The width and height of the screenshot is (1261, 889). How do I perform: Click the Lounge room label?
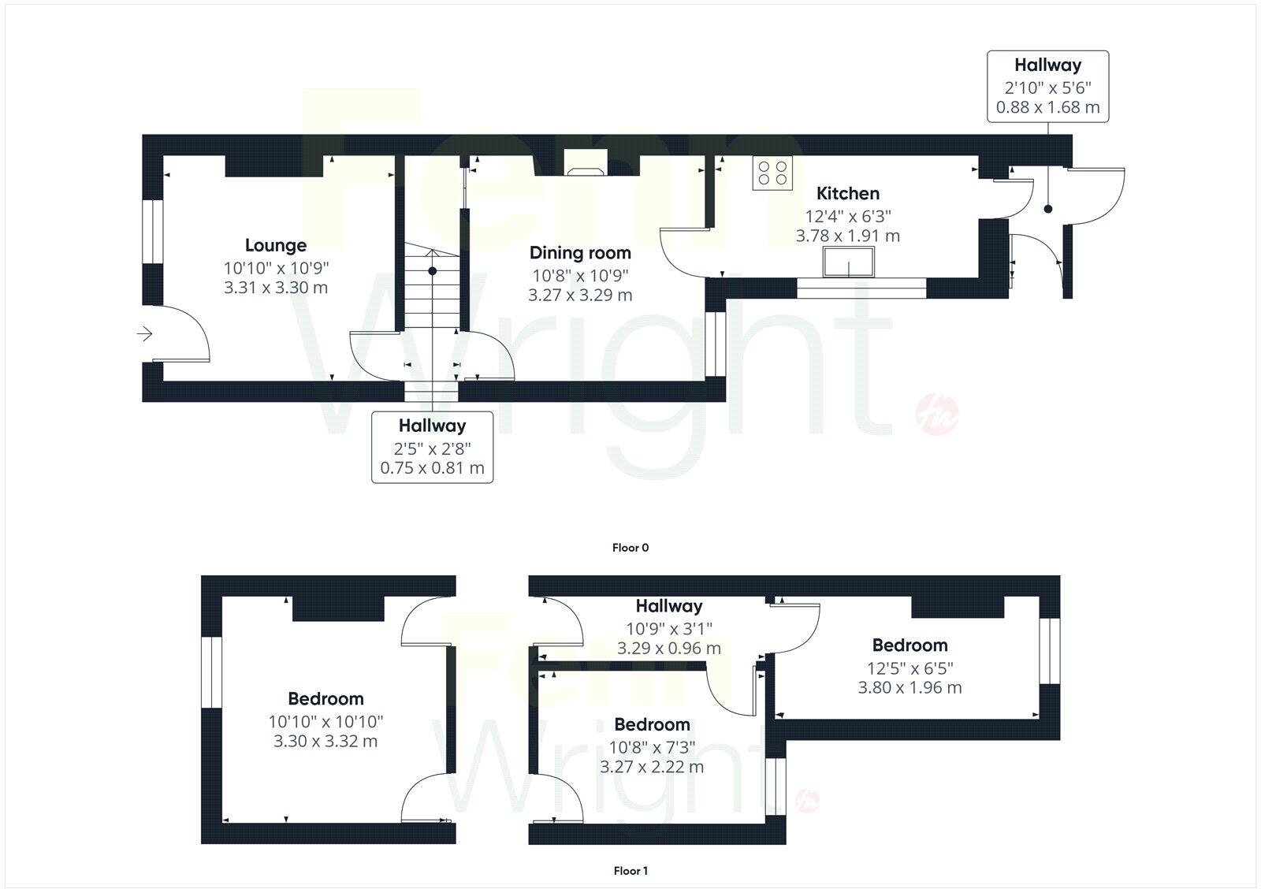[x=275, y=245]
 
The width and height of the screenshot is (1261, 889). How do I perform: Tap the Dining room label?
[x=580, y=253]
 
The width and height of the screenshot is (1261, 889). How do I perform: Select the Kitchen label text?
[x=847, y=193]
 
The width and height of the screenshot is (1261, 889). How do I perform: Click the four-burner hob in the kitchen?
[x=772, y=173]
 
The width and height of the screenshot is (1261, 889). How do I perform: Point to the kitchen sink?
[x=848, y=262]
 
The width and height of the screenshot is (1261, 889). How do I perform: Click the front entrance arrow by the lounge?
[x=144, y=334]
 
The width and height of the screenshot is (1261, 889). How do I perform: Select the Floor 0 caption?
[x=630, y=548]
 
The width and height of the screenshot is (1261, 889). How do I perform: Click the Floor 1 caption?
[x=630, y=871]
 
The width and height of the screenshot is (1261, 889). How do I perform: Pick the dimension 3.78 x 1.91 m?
[x=847, y=236]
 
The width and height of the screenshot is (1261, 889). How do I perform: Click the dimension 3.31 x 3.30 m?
[x=275, y=288]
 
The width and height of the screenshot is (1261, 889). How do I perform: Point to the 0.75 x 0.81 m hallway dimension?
[x=432, y=468]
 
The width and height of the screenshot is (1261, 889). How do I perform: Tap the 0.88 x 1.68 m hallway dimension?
[x=1047, y=107]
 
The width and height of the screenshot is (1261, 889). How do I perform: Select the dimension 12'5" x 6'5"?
[x=909, y=668]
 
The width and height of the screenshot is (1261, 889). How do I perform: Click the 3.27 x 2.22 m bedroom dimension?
[x=652, y=767]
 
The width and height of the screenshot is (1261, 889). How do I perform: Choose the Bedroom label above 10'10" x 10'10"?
[x=325, y=698]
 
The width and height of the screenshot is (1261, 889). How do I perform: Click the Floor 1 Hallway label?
[x=668, y=606]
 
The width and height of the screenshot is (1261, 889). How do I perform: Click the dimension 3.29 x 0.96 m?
[x=668, y=649]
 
